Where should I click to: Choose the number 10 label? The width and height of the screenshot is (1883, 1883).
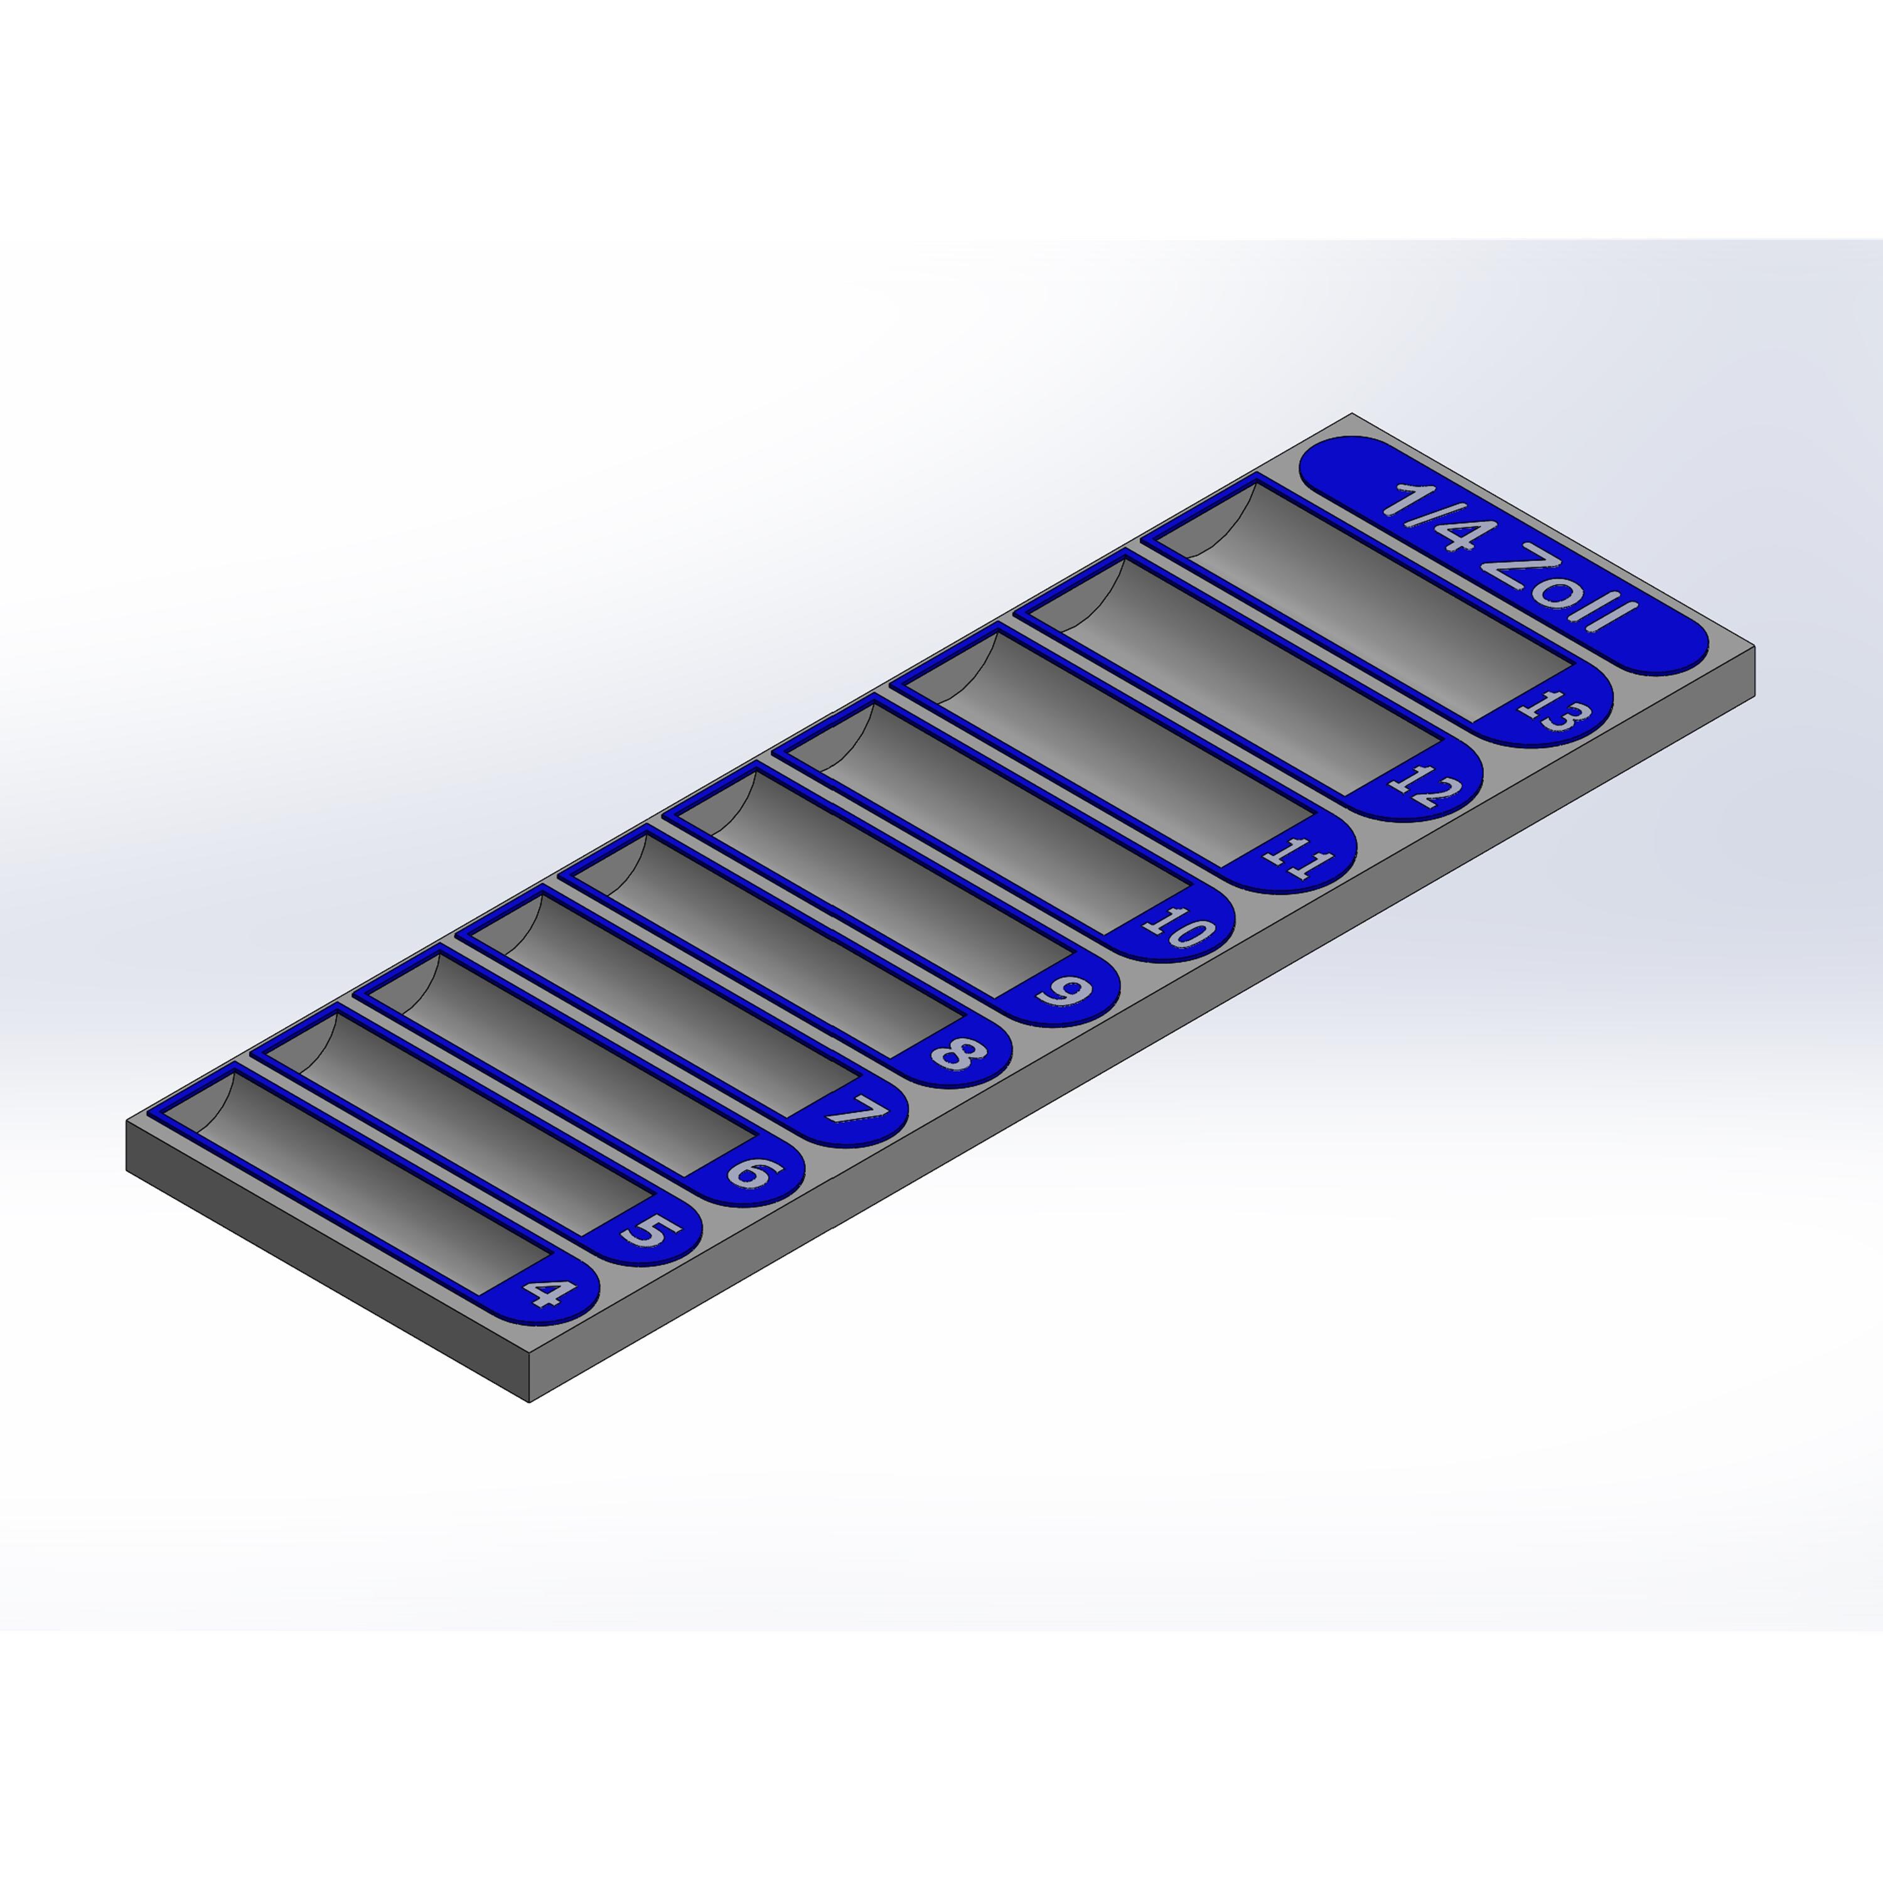click(x=1180, y=926)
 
